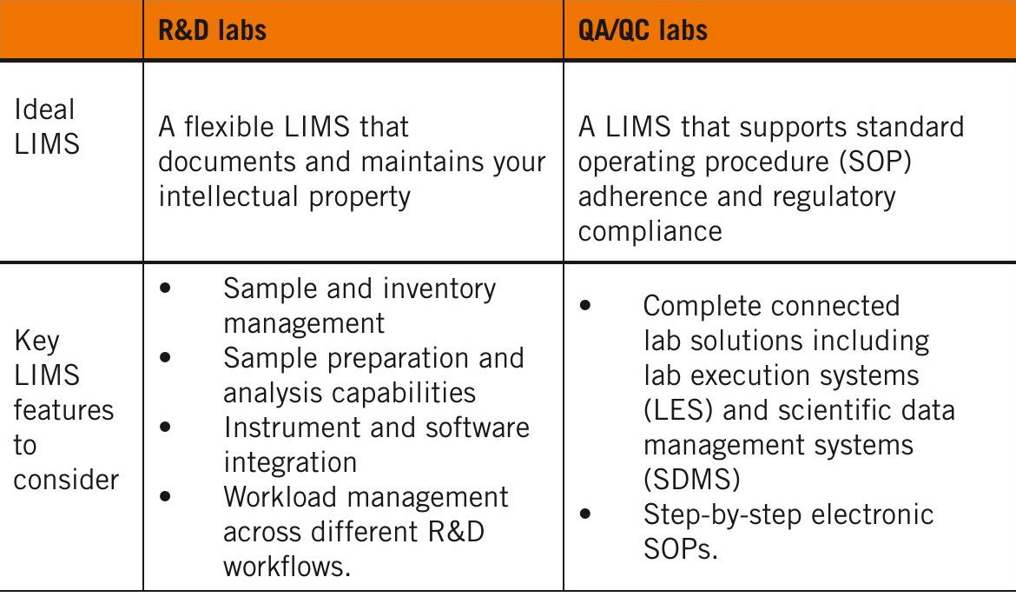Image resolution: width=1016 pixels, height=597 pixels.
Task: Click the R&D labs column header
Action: pos(212,31)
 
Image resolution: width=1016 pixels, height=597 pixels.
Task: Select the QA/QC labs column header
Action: pos(643,31)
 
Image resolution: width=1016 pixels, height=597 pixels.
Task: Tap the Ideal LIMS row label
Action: pos(46,126)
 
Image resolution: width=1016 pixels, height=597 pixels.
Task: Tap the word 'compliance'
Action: pos(650,231)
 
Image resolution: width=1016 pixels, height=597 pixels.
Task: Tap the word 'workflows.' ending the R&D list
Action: pos(287,567)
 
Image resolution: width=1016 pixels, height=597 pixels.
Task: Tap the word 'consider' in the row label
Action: pos(66,480)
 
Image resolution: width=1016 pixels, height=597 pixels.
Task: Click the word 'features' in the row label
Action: pos(63,410)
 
